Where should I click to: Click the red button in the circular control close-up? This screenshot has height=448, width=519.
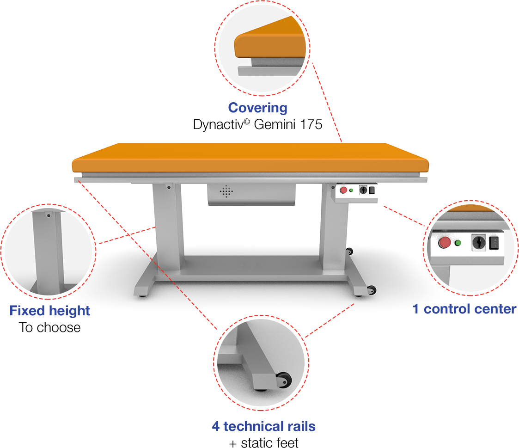(x=445, y=243)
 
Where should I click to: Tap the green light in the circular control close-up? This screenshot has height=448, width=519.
(x=458, y=243)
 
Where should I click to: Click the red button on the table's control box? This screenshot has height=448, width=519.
(x=343, y=190)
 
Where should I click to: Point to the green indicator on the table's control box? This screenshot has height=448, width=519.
(x=351, y=190)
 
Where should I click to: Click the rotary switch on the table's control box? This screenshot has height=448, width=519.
(x=363, y=190)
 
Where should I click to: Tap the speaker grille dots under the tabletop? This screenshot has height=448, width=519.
(x=226, y=192)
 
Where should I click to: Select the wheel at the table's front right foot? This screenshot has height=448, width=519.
(x=371, y=290)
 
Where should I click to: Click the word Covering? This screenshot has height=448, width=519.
(x=257, y=108)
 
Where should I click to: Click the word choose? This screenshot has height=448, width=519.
(x=59, y=327)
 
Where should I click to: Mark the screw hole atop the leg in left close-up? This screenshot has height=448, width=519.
(x=49, y=215)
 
